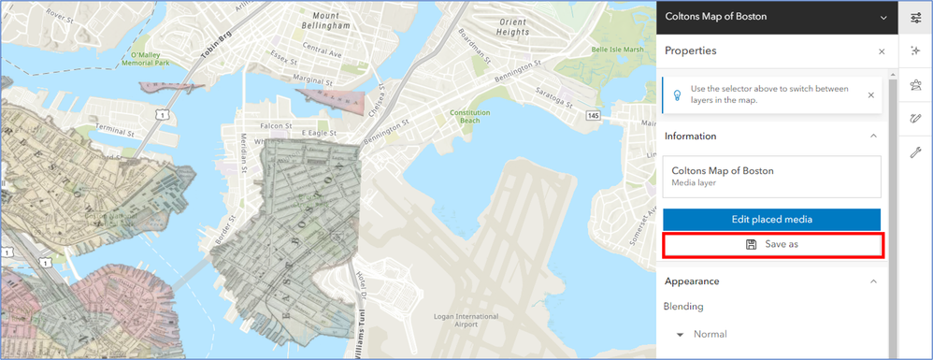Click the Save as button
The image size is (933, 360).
771,245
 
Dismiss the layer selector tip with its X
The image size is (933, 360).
870,94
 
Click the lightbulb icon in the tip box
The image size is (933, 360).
676,94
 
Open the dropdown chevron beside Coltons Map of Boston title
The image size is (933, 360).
883,17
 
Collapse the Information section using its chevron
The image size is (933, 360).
873,137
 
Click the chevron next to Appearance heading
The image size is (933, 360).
873,281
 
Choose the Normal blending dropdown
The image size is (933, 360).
701,334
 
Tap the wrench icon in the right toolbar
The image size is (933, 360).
915,152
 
